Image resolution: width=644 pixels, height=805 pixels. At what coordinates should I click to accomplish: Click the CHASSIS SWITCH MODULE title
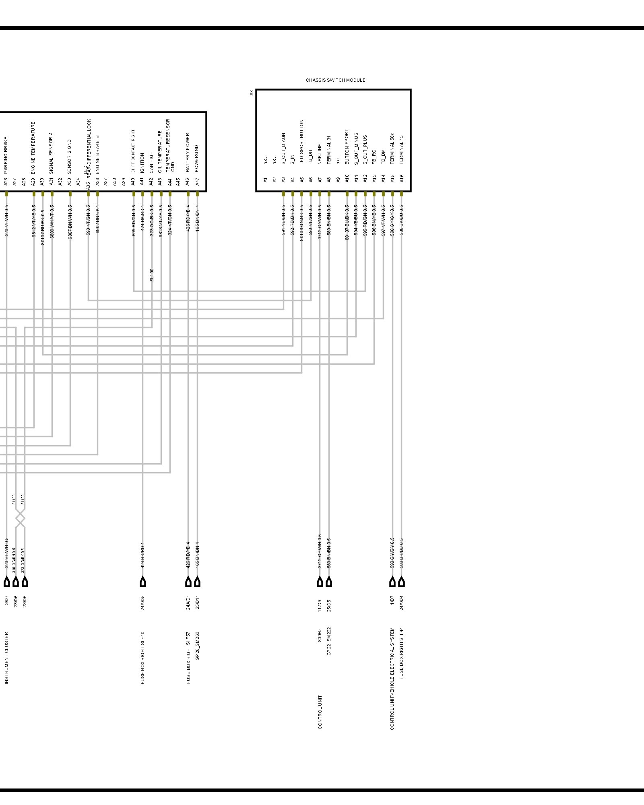click(335, 80)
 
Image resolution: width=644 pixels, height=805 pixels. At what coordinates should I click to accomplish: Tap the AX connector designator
click(252, 93)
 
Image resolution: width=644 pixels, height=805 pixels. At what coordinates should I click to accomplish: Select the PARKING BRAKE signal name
click(6, 155)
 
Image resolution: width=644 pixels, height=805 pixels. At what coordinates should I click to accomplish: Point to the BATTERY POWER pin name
click(188, 153)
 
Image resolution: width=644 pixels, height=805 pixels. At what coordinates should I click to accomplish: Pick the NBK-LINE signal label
click(320, 154)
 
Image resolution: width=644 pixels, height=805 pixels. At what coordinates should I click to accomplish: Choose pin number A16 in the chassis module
click(401, 178)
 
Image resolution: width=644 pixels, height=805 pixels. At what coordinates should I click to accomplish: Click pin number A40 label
click(133, 182)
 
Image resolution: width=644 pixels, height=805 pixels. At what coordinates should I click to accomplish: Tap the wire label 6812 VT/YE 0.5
click(34, 221)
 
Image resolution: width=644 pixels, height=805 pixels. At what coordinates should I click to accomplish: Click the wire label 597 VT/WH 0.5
click(383, 220)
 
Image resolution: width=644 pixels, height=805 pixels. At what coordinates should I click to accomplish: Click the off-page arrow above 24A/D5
click(143, 582)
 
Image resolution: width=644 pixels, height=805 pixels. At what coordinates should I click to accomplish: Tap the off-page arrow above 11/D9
click(320, 582)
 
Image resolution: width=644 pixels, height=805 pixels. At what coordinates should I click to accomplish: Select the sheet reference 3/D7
click(6, 600)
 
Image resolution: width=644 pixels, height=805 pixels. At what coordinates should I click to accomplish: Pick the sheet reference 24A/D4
click(401, 603)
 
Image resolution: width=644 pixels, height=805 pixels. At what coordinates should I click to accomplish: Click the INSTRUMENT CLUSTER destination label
click(6, 658)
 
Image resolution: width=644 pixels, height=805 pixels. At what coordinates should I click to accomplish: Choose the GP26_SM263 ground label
click(197, 646)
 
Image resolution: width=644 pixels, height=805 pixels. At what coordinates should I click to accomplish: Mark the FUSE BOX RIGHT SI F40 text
click(143, 658)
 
